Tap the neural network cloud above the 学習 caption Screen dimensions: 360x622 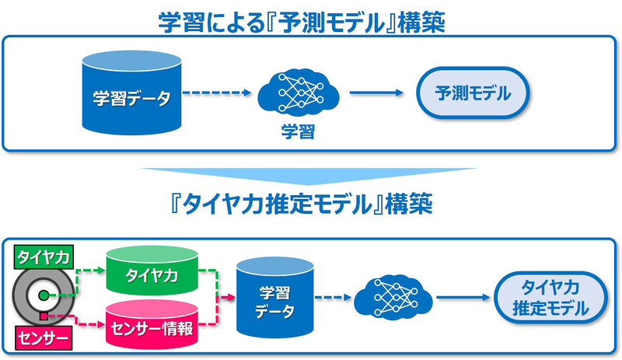tap(298, 93)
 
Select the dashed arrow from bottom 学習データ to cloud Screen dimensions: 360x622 tap(330, 297)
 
